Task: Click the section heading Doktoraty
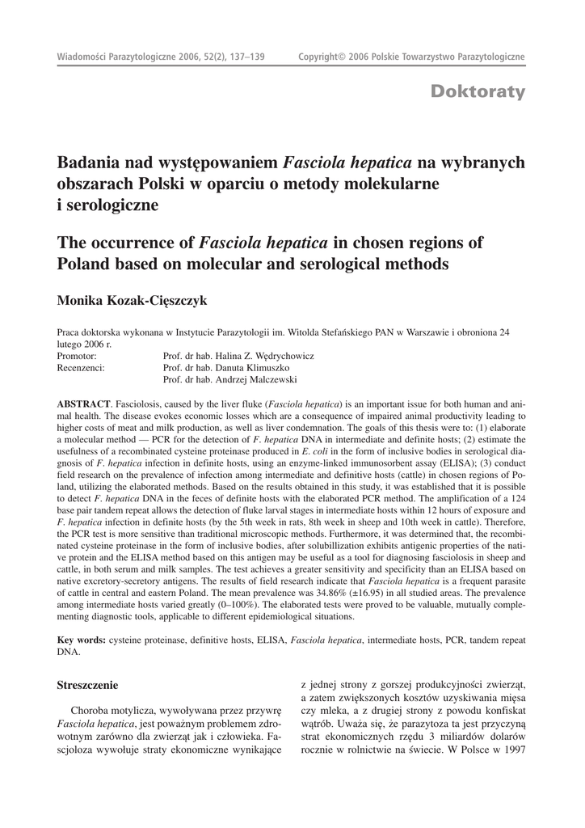478,91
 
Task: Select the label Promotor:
77,356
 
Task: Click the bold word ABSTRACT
83,403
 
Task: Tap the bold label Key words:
81,640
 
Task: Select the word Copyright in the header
318,57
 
